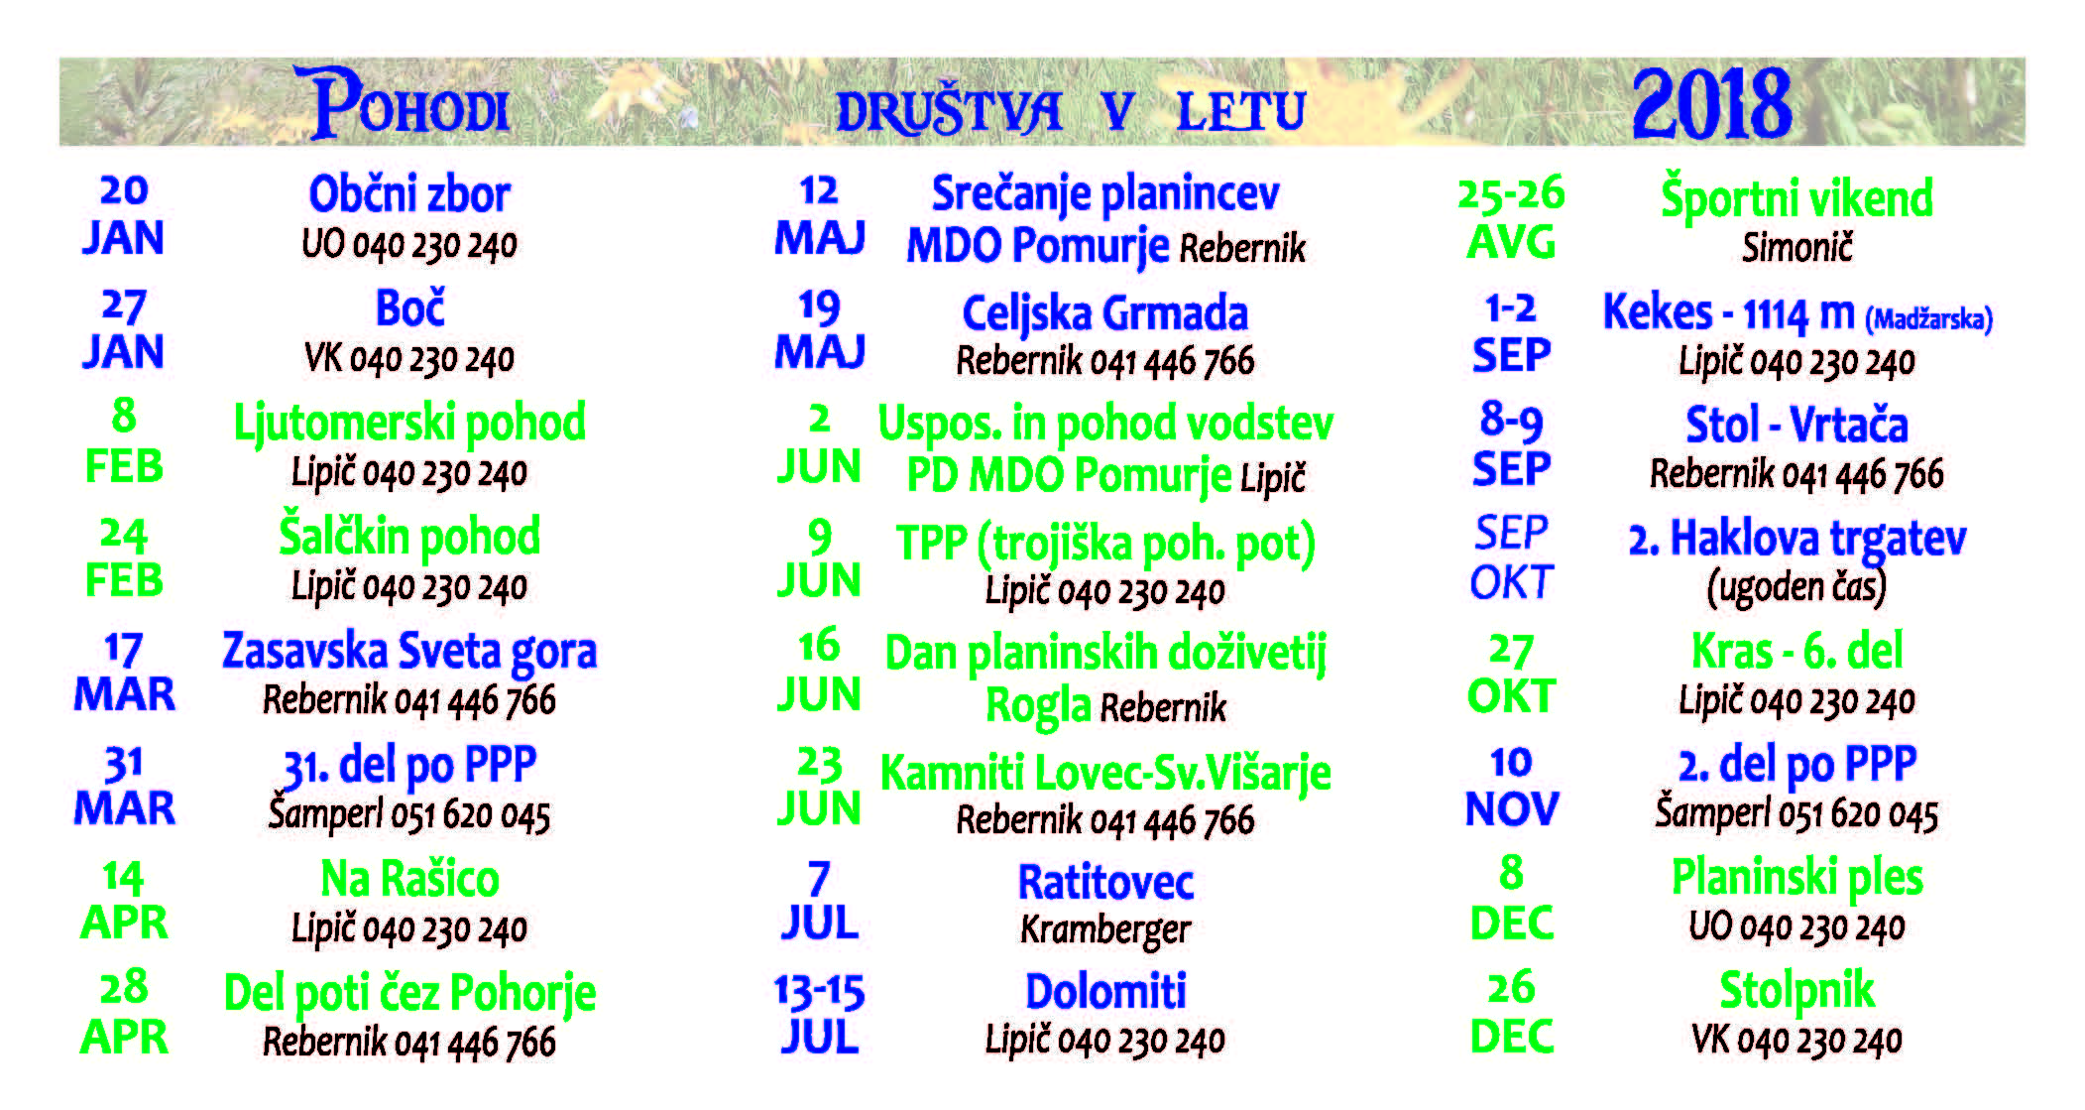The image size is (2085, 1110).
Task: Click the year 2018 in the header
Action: click(1711, 104)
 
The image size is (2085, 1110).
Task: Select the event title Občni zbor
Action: click(409, 194)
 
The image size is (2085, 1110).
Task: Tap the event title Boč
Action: click(409, 308)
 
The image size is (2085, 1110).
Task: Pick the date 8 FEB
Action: click(124, 441)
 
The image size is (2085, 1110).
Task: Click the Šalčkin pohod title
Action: click(409, 537)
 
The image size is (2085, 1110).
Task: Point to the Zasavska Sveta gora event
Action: click(409, 652)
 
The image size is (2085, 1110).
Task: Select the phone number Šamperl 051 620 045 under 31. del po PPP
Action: click(409, 814)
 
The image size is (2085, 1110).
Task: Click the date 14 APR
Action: click(124, 900)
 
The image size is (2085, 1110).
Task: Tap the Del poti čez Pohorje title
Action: click(409, 994)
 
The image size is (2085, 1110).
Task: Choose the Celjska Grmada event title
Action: click(1104, 313)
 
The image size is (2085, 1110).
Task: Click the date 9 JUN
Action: click(819, 559)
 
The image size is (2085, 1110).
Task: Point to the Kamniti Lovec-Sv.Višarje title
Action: click(1104, 774)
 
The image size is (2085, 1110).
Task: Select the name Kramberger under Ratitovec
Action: click(1104, 929)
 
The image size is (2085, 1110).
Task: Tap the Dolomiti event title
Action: click(1104, 991)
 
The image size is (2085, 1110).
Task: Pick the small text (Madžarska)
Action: click(1928, 319)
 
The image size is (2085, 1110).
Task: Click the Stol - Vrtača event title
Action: click(1796, 426)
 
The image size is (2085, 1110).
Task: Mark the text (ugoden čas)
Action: click(1796, 587)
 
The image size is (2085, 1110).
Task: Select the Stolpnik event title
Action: click(1796, 990)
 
